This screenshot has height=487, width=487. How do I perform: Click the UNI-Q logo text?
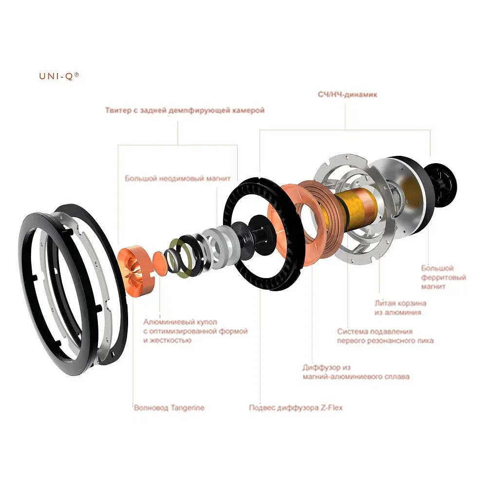[x=59, y=76]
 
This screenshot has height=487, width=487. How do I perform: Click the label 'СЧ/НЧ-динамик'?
[x=348, y=94]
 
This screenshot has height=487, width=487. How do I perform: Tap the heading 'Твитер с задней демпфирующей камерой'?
[x=185, y=111]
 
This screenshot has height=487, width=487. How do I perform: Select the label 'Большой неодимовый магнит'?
[x=178, y=179]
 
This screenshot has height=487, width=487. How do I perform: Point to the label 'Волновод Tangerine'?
[x=169, y=408]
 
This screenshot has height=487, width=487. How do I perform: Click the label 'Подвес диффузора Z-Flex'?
[x=296, y=408]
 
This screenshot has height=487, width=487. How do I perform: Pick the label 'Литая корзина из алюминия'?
[x=400, y=307]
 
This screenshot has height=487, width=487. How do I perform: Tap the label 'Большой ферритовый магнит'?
[x=444, y=277]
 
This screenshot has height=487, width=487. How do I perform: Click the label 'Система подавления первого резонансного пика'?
[x=385, y=336]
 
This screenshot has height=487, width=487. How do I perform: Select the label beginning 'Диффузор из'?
[x=356, y=372]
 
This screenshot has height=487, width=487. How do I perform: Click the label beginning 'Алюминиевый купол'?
[x=195, y=331]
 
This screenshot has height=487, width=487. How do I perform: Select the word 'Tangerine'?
[x=187, y=408]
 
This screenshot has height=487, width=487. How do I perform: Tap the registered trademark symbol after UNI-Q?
[x=77, y=75]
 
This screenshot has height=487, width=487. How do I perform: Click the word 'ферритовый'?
[x=444, y=277]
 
